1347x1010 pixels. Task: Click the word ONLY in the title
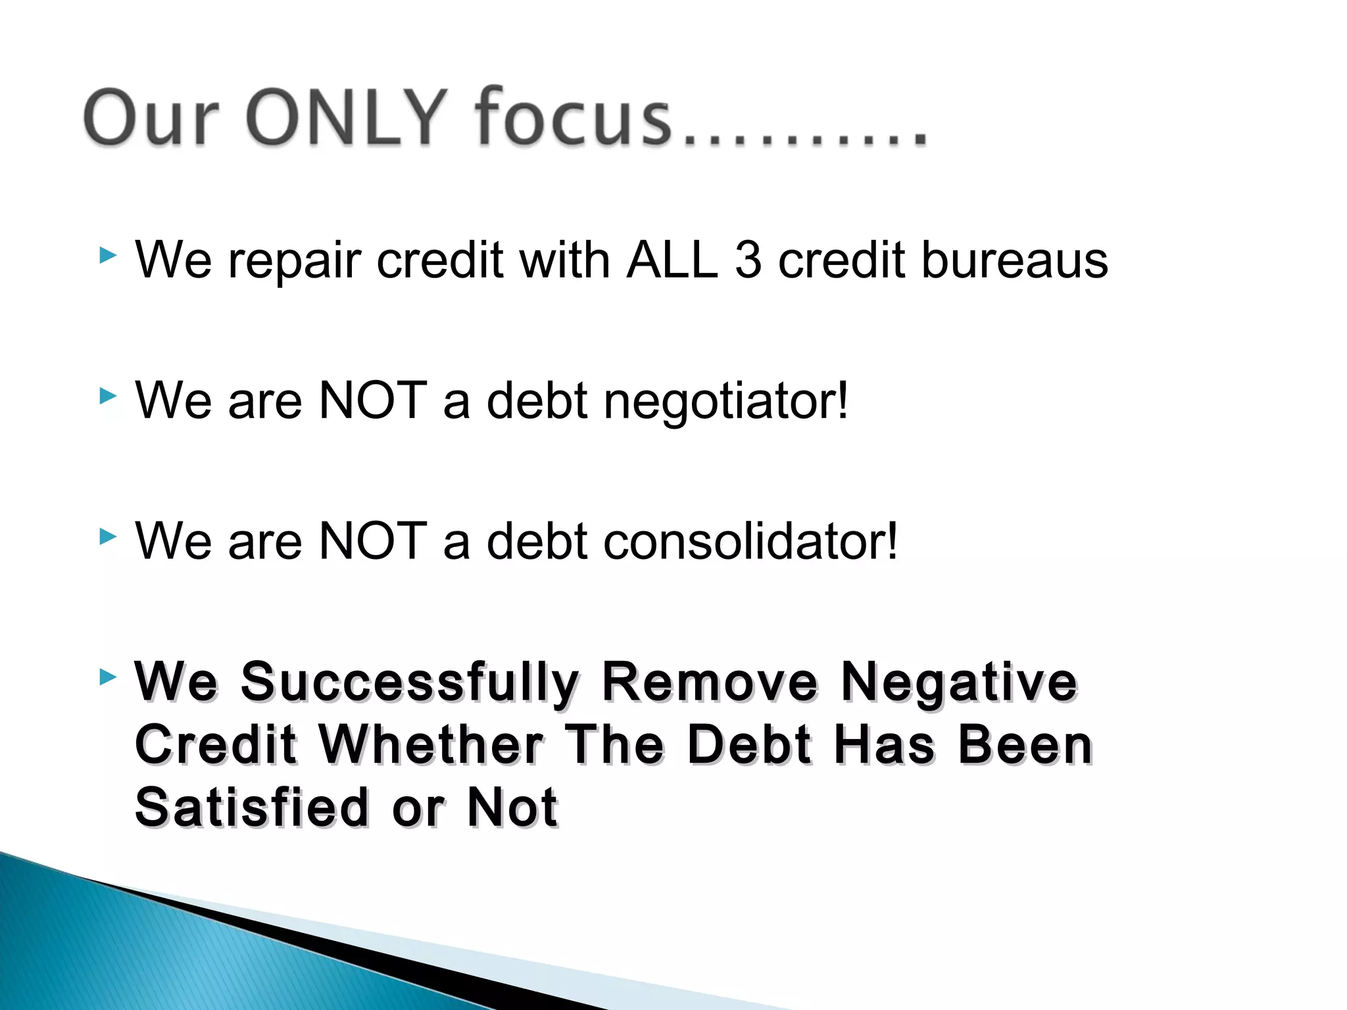[x=345, y=117]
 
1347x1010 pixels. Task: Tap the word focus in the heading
[x=572, y=117]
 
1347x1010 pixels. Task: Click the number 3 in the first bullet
[x=748, y=260]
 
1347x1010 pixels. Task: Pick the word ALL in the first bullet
[x=672, y=260]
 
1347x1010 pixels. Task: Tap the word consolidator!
[x=750, y=541]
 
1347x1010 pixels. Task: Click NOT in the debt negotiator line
[x=372, y=400]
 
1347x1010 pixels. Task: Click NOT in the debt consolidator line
[x=372, y=541]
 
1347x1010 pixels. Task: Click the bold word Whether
[x=431, y=745]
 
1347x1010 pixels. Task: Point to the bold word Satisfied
[x=252, y=807]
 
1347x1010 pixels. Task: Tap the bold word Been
[x=1025, y=745]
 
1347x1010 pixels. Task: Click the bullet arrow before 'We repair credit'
[x=108, y=255]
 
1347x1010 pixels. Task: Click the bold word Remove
[x=710, y=682]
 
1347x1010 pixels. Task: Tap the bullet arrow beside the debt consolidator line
[x=108, y=537]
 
